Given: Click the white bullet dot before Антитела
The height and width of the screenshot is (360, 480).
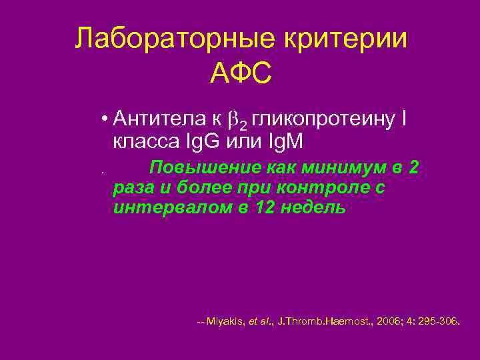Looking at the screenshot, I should click(105, 120).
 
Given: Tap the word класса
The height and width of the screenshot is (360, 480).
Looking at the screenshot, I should click(140, 141).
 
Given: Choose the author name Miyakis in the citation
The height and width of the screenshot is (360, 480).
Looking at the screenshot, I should click(225, 321).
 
